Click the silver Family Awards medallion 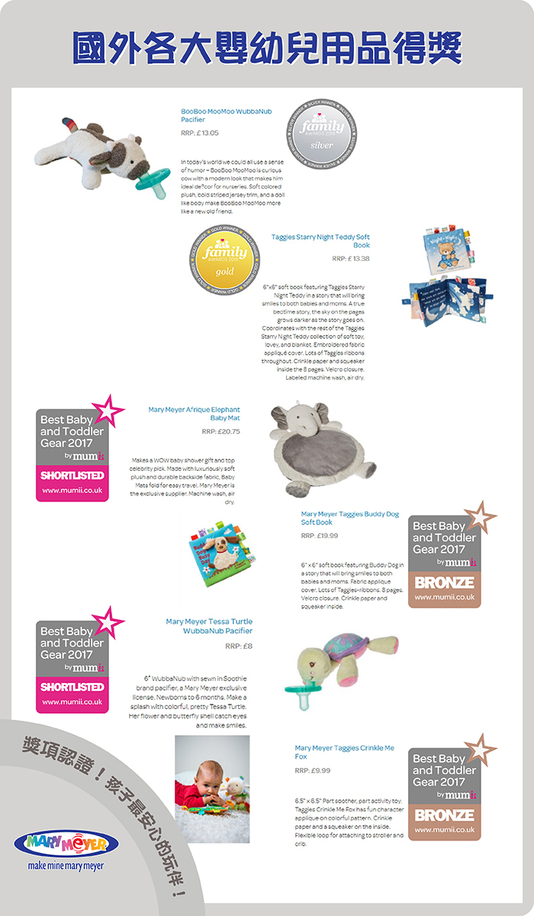318,133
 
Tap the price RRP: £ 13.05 200,133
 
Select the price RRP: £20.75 220,431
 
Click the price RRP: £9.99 312,770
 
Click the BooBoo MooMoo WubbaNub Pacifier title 226,115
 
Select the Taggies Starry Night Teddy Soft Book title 320,241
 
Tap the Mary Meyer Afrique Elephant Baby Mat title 194,414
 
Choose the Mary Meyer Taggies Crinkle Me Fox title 344,752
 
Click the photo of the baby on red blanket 212,789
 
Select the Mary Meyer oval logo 66,843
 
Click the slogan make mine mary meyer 66,866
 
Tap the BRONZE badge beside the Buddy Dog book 445,582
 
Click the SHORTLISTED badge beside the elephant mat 72,475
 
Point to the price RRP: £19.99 320,535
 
